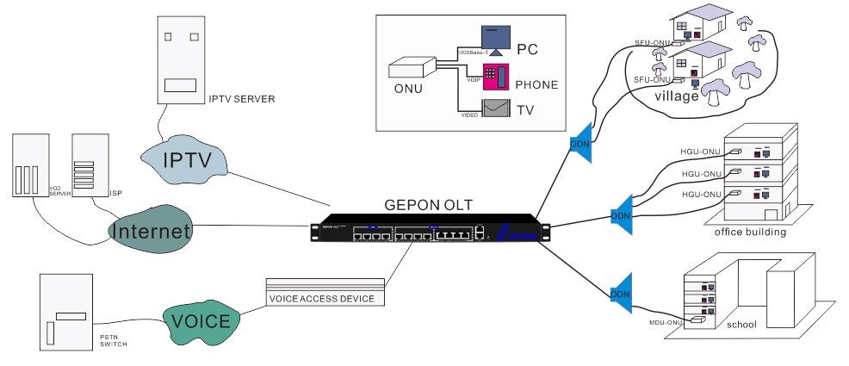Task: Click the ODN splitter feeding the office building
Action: [x=619, y=213]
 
